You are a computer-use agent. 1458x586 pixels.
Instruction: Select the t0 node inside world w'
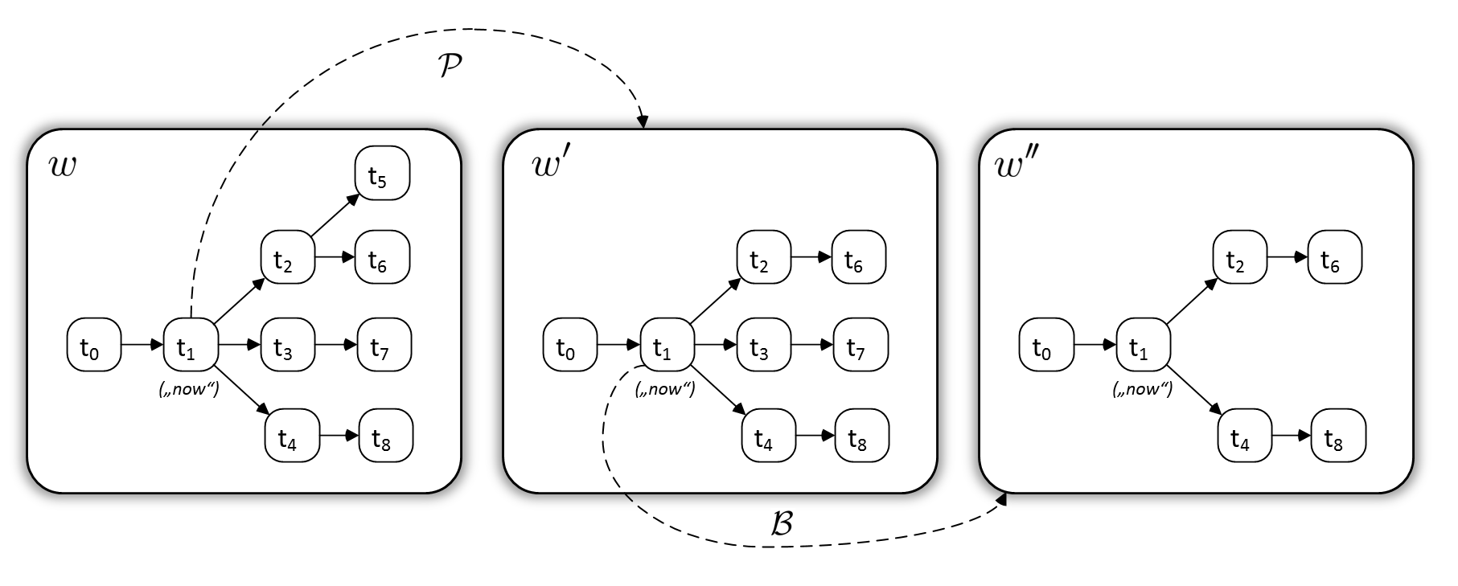tap(569, 346)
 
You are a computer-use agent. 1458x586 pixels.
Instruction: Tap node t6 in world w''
tap(1334, 258)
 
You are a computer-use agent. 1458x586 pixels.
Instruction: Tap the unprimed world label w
tap(63, 167)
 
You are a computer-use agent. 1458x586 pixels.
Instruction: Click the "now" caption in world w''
tap(1142, 390)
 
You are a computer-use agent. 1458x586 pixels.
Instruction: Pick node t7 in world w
tap(384, 346)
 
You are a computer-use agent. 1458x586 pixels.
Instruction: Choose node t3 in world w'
tap(764, 346)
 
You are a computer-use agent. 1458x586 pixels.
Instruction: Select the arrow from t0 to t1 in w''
tap(1095, 346)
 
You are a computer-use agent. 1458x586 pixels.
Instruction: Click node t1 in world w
tap(190, 346)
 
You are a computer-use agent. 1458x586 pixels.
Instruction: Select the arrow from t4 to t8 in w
tap(339, 436)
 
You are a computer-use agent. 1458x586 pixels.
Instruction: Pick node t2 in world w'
tap(764, 258)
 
